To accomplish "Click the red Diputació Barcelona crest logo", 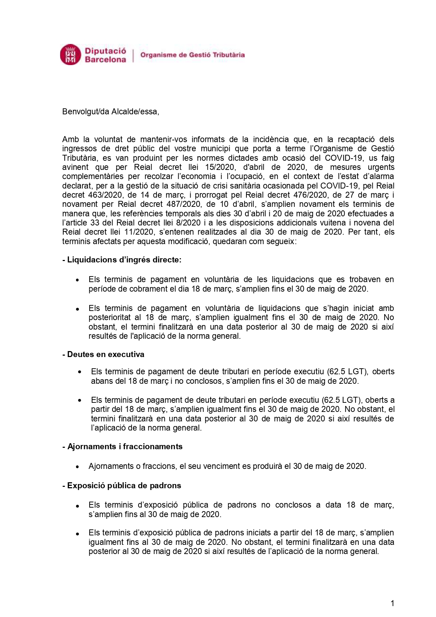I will coord(71,55).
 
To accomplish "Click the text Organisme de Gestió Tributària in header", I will coord(192,55).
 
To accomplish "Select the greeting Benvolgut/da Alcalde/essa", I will coord(110,112).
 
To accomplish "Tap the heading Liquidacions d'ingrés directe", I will coord(122,260).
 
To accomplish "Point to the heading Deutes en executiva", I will coord(103,354).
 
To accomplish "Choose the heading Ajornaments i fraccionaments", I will coord(122,446).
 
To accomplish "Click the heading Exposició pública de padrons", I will coord(122,485).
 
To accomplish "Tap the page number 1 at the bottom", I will coord(392,603).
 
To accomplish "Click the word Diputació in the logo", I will coord(105,51).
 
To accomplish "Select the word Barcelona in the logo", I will coord(105,59).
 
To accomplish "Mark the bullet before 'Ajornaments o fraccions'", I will coord(77,466).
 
